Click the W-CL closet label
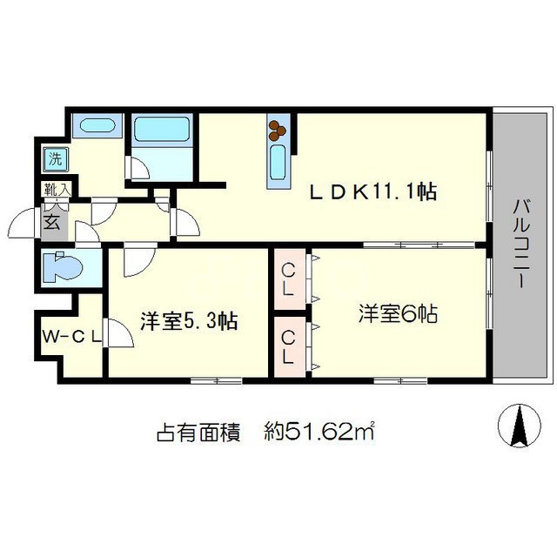[70, 335]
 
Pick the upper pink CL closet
[289, 279]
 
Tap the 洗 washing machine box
[55, 159]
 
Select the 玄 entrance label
[51, 221]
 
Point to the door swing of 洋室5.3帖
[138, 262]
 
